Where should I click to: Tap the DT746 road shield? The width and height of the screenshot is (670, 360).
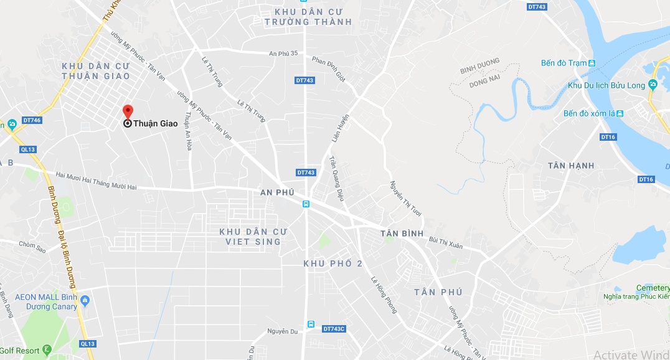tap(32, 120)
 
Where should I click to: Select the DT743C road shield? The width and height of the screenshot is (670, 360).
tap(334, 328)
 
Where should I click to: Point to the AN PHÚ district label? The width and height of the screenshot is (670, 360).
tap(276, 192)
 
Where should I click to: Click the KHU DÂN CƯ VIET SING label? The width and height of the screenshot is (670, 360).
tap(253, 236)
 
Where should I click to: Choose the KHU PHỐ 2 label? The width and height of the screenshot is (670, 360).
tap(333, 263)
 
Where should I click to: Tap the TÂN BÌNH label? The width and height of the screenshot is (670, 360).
tap(402, 234)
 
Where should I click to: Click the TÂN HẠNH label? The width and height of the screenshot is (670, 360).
tap(571, 165)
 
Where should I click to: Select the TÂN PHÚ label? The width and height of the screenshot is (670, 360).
tap(438, 292)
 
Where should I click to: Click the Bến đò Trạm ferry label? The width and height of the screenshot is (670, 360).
tap(564, 63)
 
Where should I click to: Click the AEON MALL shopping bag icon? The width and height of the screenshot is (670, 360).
tap(86, 301)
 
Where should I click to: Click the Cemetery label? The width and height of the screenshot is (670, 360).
tap(652, 288)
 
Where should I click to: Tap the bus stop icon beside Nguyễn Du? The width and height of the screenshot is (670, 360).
tap(309, 324)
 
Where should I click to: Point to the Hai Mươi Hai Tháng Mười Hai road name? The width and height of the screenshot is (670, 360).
tap(96, 177)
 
